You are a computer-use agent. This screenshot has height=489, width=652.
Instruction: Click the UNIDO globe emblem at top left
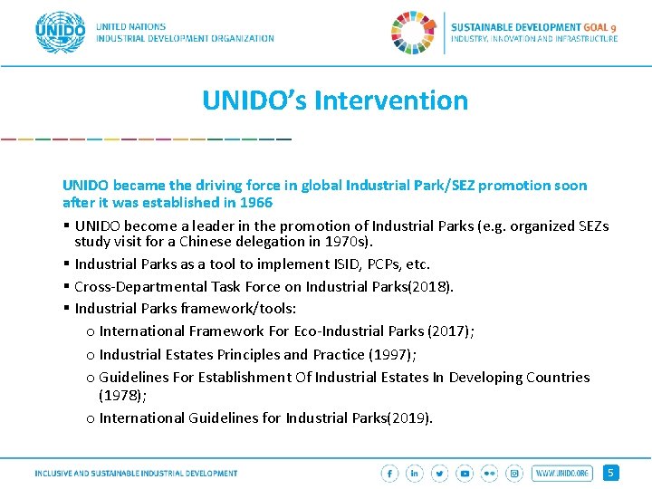pyautogui.click(x=60, y=33)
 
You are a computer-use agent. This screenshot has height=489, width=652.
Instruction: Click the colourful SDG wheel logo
pyautogui.click(x=413, y=33)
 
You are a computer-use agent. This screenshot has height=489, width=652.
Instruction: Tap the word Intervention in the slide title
pyautogui.click(x=391, y=100)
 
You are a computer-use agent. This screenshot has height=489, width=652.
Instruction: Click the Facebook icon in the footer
pyautogui.click(x=390, y=473)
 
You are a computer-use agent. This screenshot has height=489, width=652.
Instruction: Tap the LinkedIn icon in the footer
pyautogui.click(x=415, y=473)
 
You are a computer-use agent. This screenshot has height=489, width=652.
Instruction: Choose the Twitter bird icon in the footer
pyautogui.click(x=440, y=473)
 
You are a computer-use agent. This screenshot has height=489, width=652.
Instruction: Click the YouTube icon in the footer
pyautogui.click(x=465, y=473)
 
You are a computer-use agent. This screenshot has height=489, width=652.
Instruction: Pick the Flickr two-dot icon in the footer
pyautogui.click(x=490, y=473)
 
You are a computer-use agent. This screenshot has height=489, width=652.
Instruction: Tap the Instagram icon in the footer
pyautogui.click(x=514, y=473)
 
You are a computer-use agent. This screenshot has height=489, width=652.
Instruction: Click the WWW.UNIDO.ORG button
pyautogui.click(x=561, y=473)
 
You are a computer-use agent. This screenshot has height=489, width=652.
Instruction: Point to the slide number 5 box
pyautogui.click(x=611, y=473)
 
